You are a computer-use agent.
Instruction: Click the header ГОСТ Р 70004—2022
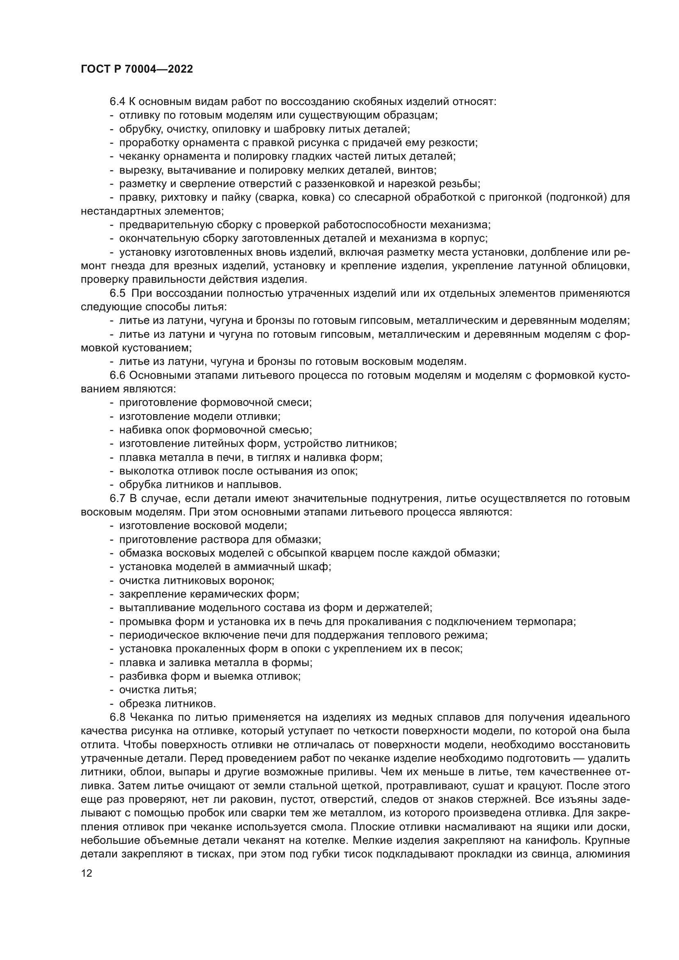coord(137,69)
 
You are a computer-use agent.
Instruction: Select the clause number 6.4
coord(117,102)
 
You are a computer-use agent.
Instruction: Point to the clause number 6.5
coord(117,293)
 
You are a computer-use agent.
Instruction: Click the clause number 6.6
coord(117,376)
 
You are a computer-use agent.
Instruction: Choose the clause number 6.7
coord(117,499)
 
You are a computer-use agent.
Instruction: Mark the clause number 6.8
coord(117,718)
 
